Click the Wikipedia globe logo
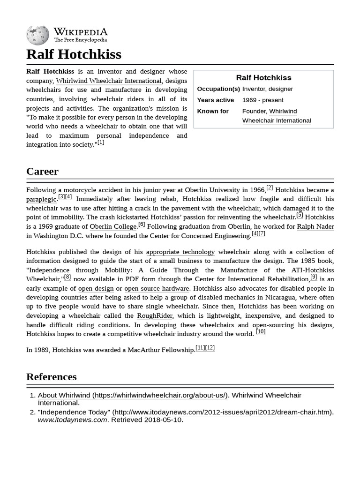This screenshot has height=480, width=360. (x=37, y=35)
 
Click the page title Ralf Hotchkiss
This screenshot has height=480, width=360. (x=74, y=54)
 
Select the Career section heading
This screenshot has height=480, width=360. (x=42, y=172)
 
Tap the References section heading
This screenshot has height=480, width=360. (x=51, y=377)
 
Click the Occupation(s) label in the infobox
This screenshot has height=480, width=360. (x=218, y=89)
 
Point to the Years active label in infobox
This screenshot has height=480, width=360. (x=215, y=100)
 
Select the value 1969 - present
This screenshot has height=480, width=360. (x=262, y=100)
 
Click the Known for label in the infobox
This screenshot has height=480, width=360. (x=213, y=112)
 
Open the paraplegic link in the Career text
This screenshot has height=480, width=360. (x=41, y=199)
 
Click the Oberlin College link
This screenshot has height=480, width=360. (x=112, y=227)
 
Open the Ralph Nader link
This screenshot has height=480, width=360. (x=315, y=227)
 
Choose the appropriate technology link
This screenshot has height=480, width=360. (x=180, y=252)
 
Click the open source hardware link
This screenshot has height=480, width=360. (x=157, y=289)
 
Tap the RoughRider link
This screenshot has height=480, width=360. (x=154, y=316)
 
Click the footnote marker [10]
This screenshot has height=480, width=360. (x=261, y=332)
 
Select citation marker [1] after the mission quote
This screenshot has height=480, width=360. (x=101, y=142)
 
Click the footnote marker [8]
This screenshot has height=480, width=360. (x=67, y=277)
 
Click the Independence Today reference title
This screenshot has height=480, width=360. (x=74, y=412)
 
